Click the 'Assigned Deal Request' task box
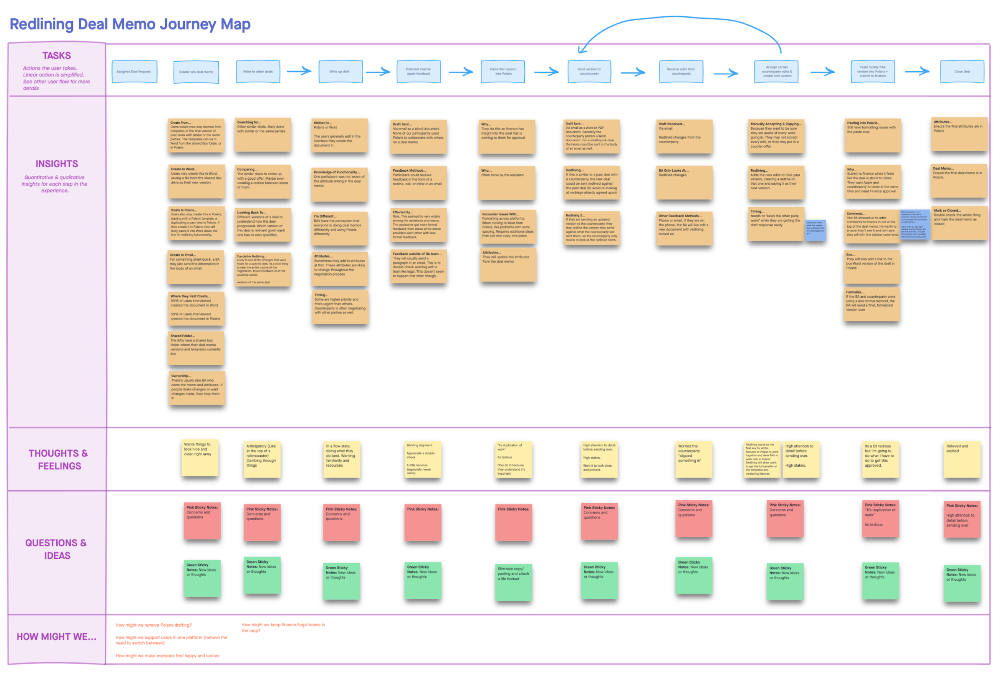tap(134, 72)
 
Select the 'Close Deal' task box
tap(962, 72)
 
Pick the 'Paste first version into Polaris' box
tap(502, 72)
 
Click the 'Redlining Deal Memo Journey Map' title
tap(130, 24)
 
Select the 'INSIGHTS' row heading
tap(57, 164)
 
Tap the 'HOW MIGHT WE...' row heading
tap(56, 636)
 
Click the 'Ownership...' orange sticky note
tap(197, 388)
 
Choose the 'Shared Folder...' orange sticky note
tap(196, 348)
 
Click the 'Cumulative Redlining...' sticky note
tap(262, 270)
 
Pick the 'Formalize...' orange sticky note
tap(871, 305)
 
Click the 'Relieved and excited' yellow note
tap(962, 459)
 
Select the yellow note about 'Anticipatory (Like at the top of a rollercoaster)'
tap(262, 459)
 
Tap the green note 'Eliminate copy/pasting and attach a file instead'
tap(513, 582)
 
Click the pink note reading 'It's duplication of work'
tap(880, 518)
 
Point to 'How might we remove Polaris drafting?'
tap(154, 625)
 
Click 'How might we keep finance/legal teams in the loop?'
tap(283, 627)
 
